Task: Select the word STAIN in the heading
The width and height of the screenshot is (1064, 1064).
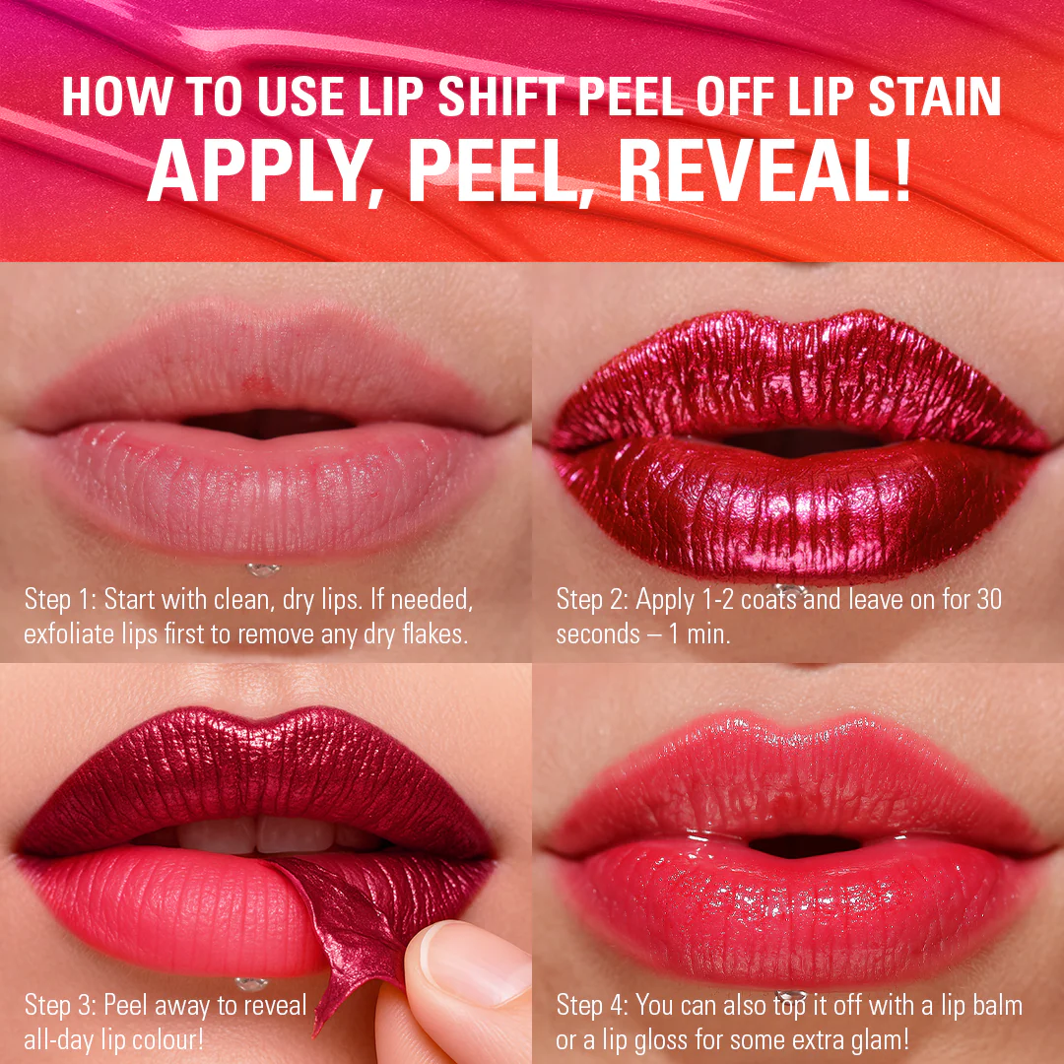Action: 934,97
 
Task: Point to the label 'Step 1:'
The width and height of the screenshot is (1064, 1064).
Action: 60,599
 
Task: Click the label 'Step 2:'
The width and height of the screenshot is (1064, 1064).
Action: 592,599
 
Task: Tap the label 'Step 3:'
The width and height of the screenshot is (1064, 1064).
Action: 60,1005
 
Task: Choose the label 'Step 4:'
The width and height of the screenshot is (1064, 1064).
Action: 592,1005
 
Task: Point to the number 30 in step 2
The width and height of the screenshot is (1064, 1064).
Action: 988,599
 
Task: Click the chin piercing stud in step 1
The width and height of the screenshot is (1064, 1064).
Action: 262,569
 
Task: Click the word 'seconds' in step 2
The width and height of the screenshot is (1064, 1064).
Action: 598,633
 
